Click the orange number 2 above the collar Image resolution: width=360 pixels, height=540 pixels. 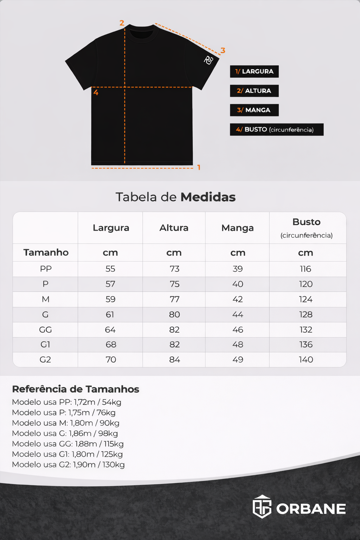click(122, 23)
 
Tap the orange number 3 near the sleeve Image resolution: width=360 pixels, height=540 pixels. click(223, 51)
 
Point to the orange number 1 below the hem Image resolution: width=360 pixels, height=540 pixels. click(199, 168)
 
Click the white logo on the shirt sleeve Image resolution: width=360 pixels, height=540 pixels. click(208, 60)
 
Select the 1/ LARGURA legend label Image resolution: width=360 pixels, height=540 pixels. click(254, 71)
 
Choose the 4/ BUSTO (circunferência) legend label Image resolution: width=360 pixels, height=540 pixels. click(276, 129)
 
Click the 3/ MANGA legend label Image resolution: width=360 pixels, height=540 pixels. click(254, 110)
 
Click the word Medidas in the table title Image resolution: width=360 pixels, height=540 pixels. click(208, 197)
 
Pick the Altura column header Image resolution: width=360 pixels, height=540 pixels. click(174, 228)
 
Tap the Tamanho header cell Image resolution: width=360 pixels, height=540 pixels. click(46, 252)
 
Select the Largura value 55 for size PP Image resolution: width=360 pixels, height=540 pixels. click(110, 269)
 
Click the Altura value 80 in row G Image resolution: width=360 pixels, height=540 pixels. click(174, 315)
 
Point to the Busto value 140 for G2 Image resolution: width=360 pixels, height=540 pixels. click(306, 360)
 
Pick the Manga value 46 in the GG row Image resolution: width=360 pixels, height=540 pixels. click(238, 330)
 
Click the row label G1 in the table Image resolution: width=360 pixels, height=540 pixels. click(45, 345)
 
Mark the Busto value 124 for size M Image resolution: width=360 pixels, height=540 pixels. click(306, 300)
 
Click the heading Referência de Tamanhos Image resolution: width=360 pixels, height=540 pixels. click(76, 389)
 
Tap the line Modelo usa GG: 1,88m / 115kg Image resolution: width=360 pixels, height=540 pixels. click(68, 444)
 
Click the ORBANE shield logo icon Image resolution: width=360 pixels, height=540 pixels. click(262, 507)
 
